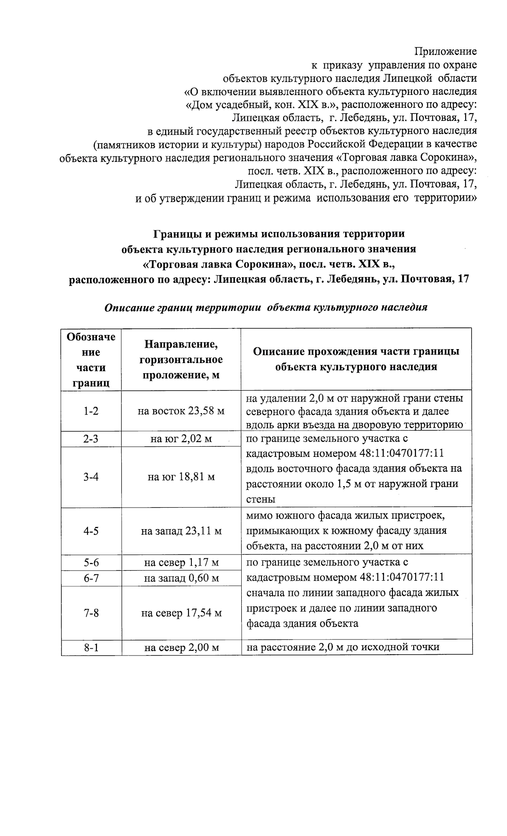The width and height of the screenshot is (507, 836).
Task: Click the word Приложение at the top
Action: click(x=445, y=52)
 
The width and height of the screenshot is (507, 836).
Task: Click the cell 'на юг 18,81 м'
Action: click(x=181, y=477)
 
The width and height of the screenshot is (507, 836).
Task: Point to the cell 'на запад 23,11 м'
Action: click(x=181, y=531)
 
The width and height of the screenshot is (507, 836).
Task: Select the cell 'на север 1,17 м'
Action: click(x=181, y=563)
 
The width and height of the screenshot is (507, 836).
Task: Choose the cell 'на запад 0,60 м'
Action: click(x=181, y=578)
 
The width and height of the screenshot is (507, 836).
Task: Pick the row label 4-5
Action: click(x=91, y=531)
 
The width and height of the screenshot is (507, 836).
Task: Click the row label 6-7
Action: click(x=91, y=578)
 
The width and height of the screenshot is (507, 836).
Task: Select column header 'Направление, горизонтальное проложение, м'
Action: click(x=181, y=360)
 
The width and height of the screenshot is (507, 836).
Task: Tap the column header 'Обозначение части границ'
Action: click(x=91, y=360)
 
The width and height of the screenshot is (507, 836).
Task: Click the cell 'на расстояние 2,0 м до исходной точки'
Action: click(x=343, y=647)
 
